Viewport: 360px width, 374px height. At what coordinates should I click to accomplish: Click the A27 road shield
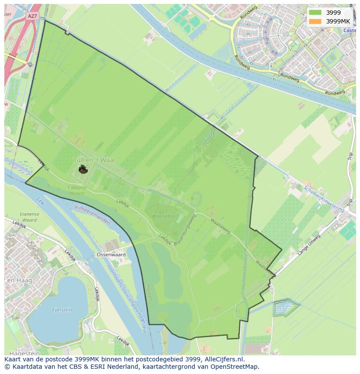pos(32,16)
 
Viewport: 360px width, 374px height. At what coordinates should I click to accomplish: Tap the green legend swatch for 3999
pos(315,13)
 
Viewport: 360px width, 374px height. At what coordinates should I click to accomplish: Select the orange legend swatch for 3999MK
pos(315,21)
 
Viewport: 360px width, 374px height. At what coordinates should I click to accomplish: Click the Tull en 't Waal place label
pos(94,160)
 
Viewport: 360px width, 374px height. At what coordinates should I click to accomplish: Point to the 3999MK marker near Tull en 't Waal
pos(83,169)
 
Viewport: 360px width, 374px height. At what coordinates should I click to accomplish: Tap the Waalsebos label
pos(163,216)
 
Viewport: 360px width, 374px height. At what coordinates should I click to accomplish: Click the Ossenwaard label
pos(111,255)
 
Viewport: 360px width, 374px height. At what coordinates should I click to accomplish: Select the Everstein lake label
pos(62,310)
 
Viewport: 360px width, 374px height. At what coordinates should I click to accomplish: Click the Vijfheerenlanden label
pos(92,215)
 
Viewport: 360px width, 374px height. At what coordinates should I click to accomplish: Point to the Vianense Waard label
pos(29,217)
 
